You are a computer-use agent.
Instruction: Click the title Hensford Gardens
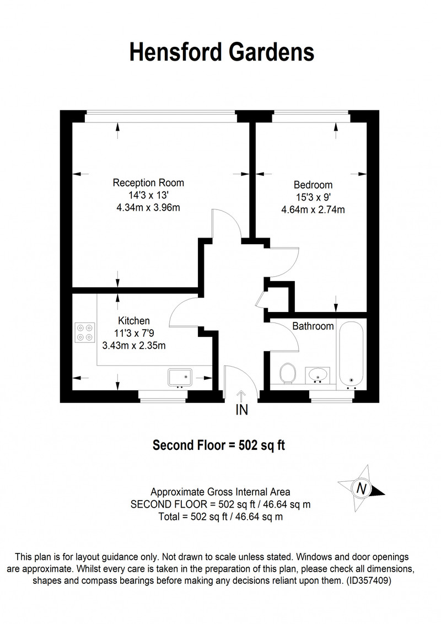222,52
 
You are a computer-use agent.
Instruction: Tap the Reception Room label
148,182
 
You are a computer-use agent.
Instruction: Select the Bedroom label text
313,185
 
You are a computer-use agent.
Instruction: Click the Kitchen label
134,321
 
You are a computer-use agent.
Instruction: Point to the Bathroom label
313,326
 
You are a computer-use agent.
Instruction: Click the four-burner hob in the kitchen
85,332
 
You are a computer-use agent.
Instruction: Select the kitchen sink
180,377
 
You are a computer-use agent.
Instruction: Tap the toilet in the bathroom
287,373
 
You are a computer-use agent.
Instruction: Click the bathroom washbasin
318,375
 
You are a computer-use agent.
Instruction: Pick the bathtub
351,354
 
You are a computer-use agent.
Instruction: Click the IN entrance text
242,410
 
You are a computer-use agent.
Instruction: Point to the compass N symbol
362,488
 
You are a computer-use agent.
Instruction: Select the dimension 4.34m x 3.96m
148,207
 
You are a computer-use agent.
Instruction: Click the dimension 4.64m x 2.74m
313,209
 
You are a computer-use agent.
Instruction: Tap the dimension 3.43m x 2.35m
134,346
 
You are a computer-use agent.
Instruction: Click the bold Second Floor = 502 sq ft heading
219,445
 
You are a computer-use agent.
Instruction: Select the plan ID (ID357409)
369,580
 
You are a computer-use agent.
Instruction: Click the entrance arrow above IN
241,397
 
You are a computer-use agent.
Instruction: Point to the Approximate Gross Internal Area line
220,492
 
